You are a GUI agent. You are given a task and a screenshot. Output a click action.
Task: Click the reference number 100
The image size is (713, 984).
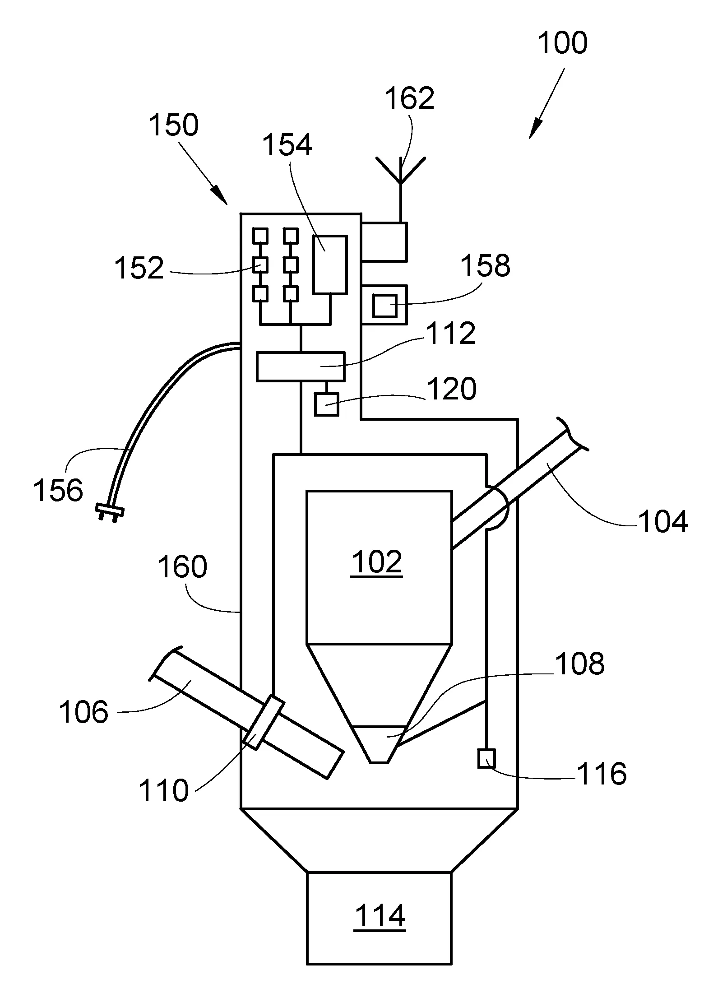tap(562, 43)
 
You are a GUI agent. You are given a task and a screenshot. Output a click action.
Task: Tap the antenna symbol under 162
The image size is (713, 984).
tap(400, 172)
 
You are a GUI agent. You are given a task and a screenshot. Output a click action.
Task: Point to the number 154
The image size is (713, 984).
tap(287, 145)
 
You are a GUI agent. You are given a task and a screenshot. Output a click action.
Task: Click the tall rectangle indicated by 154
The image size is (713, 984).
tap(330, 265)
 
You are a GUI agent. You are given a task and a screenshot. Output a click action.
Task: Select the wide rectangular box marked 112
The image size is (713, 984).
tap(300, 366)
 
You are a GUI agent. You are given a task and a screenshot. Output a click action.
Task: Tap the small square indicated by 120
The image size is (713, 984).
tap(326, 404)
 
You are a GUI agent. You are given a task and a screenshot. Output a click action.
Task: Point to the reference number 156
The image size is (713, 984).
tap(58, 490)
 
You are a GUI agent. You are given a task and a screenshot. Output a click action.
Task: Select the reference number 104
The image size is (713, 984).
tap(662, 521)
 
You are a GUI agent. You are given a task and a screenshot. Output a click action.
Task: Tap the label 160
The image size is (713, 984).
tap(182, 567)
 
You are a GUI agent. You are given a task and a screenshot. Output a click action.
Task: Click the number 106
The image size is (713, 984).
tap(84, 712)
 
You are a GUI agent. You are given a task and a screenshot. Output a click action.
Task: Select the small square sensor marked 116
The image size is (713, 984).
tap(486, 758)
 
